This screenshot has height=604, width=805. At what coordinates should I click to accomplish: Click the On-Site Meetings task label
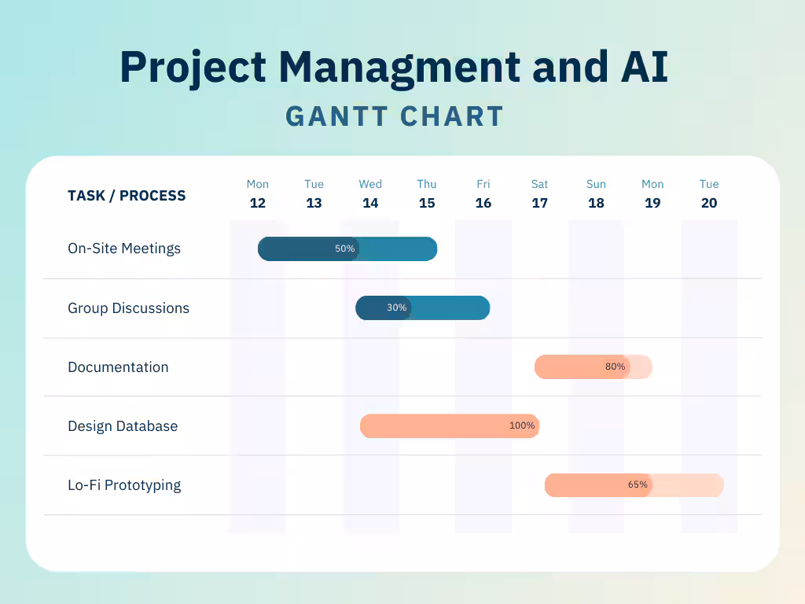click(124, 249)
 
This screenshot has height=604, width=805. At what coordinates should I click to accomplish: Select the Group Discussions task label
click(128, 308)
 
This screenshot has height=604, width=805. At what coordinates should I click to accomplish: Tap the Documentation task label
click(118, 367)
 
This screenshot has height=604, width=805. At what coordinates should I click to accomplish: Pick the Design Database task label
click(123, 426)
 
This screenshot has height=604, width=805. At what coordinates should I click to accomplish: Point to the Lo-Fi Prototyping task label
click(124, 485)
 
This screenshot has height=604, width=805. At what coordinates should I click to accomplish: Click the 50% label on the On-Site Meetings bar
click(345, 249)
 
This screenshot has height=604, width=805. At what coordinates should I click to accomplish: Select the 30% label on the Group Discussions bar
click(397, 308)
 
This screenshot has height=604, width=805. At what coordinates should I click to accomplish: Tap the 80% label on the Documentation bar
click(616, 366)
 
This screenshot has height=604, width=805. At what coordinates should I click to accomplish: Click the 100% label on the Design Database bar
click(522, 425)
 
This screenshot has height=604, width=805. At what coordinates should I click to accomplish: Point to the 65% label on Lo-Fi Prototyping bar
click(638, 484)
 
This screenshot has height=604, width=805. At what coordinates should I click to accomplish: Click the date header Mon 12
click(258, 194)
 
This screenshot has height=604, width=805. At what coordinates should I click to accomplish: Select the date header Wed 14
click(370, 194)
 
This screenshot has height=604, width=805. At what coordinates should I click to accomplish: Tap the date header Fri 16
click(483, 194)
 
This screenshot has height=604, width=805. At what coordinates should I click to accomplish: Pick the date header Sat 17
click(539, 194)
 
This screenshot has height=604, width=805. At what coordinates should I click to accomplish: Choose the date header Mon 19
click(652, 194)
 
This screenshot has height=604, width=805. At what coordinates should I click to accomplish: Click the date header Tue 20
click(709, 194)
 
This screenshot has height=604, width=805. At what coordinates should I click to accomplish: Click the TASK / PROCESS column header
click(127, 196)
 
